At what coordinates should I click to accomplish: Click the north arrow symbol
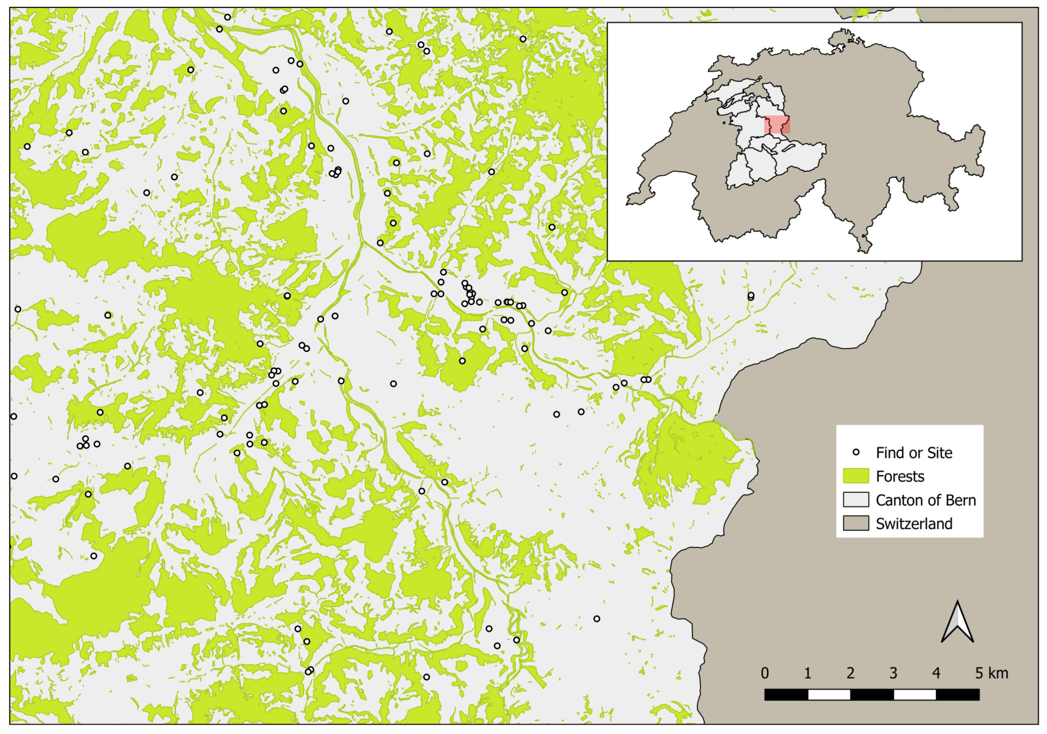click(x=957, y=622)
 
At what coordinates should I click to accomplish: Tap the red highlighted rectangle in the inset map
click(x=777, y=125)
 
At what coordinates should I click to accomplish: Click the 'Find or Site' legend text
click(x=914, y=453)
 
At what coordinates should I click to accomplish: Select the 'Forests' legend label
click(x=900, y=477)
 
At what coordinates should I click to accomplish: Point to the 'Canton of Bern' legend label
click(x=925, y=500)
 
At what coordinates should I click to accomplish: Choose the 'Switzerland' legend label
click(x=914, y=524)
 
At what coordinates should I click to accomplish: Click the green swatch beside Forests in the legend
click(x=855, y=476)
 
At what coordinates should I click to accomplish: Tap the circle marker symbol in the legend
click(x=856, y=452)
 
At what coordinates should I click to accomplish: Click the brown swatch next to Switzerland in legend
click(x=855, y=523)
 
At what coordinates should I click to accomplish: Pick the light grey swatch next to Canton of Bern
click(x=855, y=500)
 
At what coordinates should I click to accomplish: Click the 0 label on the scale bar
click(x=764, y=673)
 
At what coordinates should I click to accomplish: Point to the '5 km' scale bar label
click(x=991, y=673)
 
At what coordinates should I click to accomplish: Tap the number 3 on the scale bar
click(x=893, y=673)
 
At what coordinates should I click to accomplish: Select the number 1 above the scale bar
click(x=808, y=673)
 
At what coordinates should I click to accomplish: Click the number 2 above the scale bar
click(x=851, y=673)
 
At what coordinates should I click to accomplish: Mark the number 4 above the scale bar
click(x=936, y=673)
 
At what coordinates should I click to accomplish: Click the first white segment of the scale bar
click(x=829, y=695)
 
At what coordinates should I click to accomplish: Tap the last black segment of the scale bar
click(x=957, y=695)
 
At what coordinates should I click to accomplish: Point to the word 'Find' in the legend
click(x=889, y=453)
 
